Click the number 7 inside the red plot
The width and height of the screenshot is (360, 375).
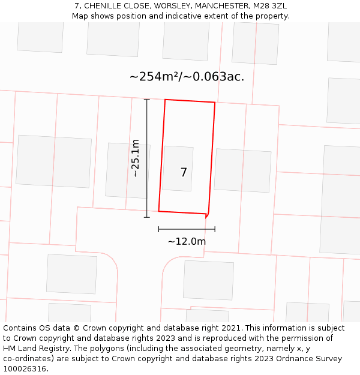(x=184, y=173)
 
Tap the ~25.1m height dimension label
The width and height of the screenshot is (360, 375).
(x=136, y=158)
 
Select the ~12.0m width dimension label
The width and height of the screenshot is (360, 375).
(x=187, y=242)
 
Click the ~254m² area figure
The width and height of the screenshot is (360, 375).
(x=154, y=77)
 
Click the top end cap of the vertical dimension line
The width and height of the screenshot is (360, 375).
(x=147, y=100)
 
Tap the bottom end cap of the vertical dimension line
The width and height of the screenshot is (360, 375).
(x=147, y=217)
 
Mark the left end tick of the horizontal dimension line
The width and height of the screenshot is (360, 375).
(x=159, y=229)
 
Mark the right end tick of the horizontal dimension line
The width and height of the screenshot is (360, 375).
(x=215, y=229)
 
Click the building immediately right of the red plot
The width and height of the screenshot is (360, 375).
(x=242, y=170)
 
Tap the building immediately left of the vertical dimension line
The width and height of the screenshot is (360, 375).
(x=127, y=170)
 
